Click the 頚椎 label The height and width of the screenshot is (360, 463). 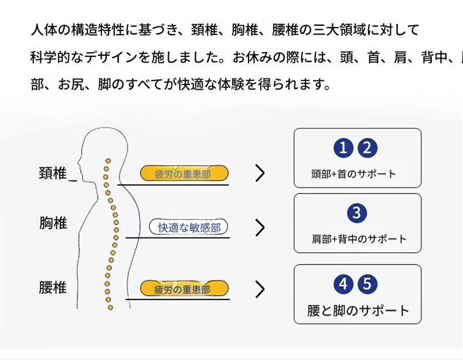pos(53,174)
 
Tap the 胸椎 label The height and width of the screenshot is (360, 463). pos(53,223)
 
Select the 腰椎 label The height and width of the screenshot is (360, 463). pos(53,288)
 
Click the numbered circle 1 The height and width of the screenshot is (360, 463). pos(344,148)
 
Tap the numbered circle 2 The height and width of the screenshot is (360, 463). pos(367,148)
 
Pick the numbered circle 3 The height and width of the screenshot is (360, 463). pos(356,213)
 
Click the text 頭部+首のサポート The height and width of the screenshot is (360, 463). pos(353,174)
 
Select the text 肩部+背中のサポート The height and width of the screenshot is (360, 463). pos(359,239)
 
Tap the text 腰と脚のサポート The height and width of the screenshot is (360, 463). pos(358,311)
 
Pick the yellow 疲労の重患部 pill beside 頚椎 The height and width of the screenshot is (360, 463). pos(183,174)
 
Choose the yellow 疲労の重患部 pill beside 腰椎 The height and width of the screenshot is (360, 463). pos(183,288)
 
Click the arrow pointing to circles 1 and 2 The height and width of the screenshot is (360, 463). pos(260,173)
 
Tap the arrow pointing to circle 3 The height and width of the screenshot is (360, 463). pos(260,227)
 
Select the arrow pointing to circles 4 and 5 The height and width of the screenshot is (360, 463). pos(260,289)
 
